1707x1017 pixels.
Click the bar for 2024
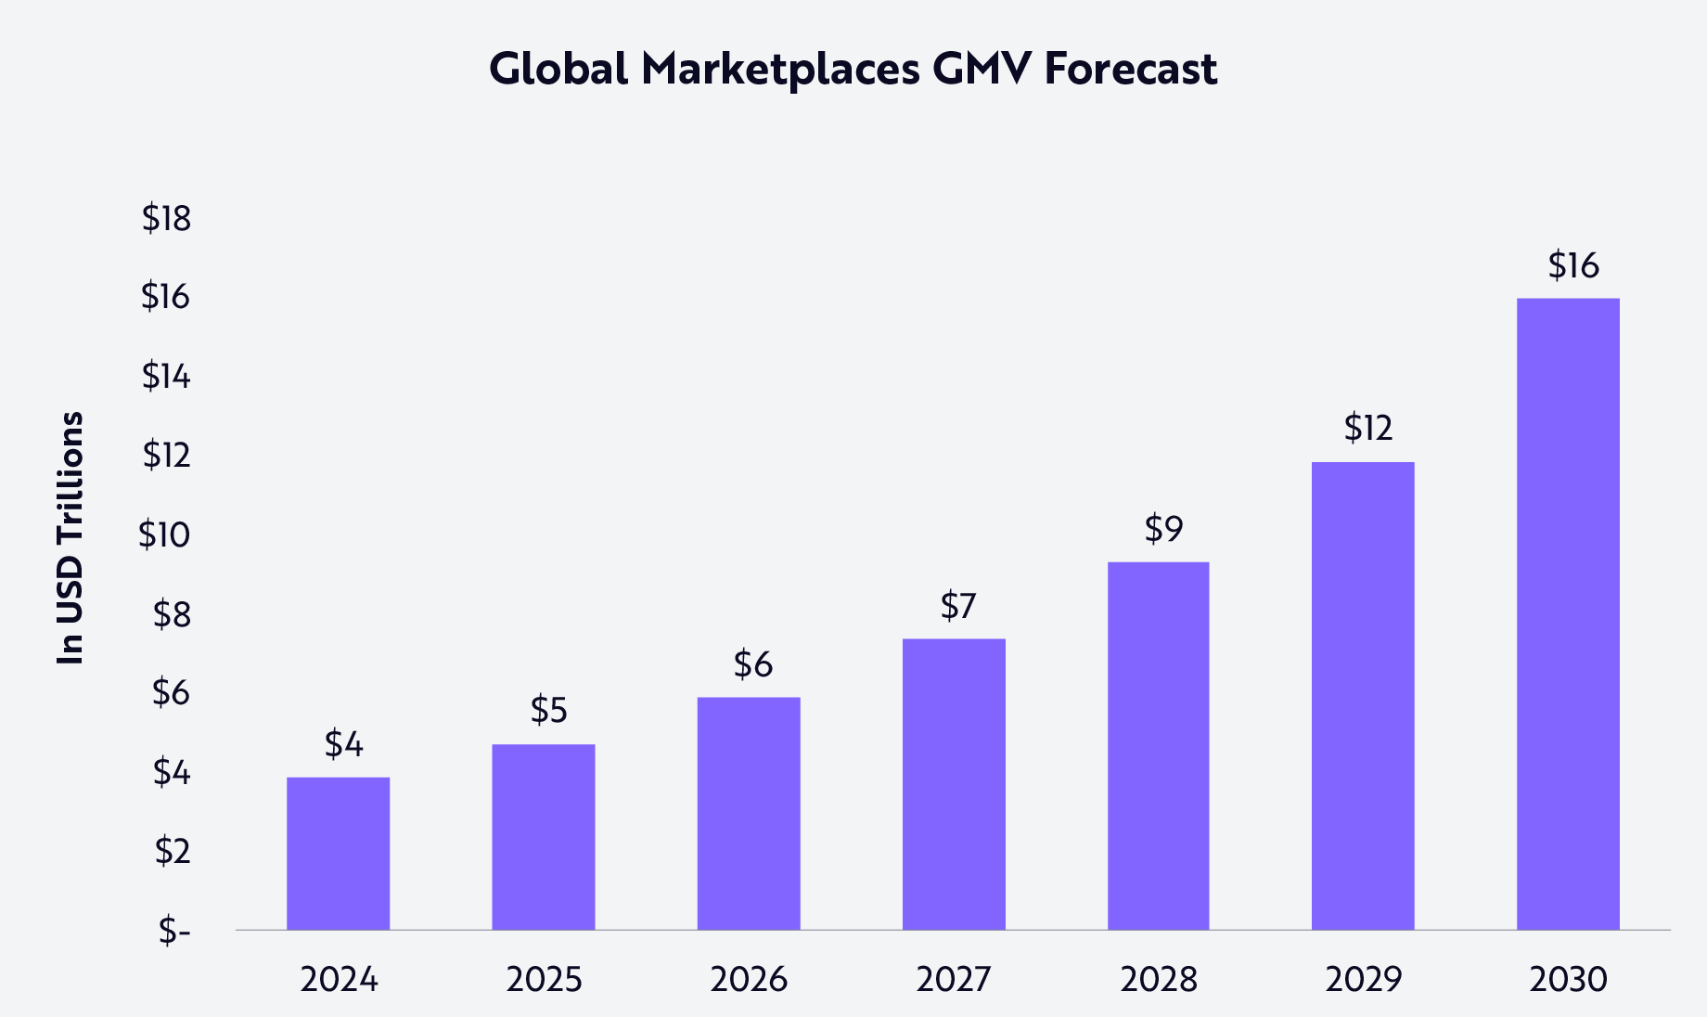click(338, 853)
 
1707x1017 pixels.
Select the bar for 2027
click(954, 784)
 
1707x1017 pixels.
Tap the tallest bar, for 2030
click(1568, 613)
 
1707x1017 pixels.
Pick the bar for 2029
click(1363, 696)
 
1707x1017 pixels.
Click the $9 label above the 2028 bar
click(1163, 529)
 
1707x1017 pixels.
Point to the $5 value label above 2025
click(548, 711)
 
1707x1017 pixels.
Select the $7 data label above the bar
click(958, 606)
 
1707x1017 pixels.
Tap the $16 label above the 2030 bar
click(1573, 266)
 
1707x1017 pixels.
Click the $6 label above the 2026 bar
click(752, 664)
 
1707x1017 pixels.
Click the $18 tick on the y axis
click(166, 219)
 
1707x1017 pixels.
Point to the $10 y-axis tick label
click(164, 535)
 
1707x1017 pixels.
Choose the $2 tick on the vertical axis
click(172, 851)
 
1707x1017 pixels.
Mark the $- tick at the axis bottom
click(173, 930)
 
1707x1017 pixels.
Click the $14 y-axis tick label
click(166, 377)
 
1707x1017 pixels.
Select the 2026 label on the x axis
click(749, 980)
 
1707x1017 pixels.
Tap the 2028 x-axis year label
click(1159, 980)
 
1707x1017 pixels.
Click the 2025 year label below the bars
click(544, 980)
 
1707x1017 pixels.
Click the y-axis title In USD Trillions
click(71, 537)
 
